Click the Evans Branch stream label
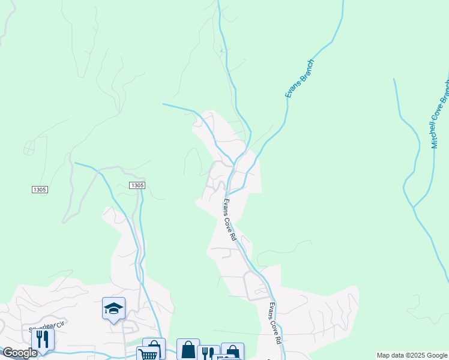(300, 78)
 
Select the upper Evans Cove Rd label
(231, 220)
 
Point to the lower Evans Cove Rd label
(275, 322)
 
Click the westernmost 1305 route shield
(40, 190)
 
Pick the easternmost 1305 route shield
(137, 185)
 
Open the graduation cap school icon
(113, 308)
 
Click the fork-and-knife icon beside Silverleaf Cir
(42, 339)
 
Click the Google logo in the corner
(20, 353)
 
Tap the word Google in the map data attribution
(436, 356)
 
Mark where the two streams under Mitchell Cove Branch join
(413, 208)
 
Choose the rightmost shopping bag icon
(232, 352)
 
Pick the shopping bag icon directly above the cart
(154, 347)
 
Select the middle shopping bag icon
(188, 349)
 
